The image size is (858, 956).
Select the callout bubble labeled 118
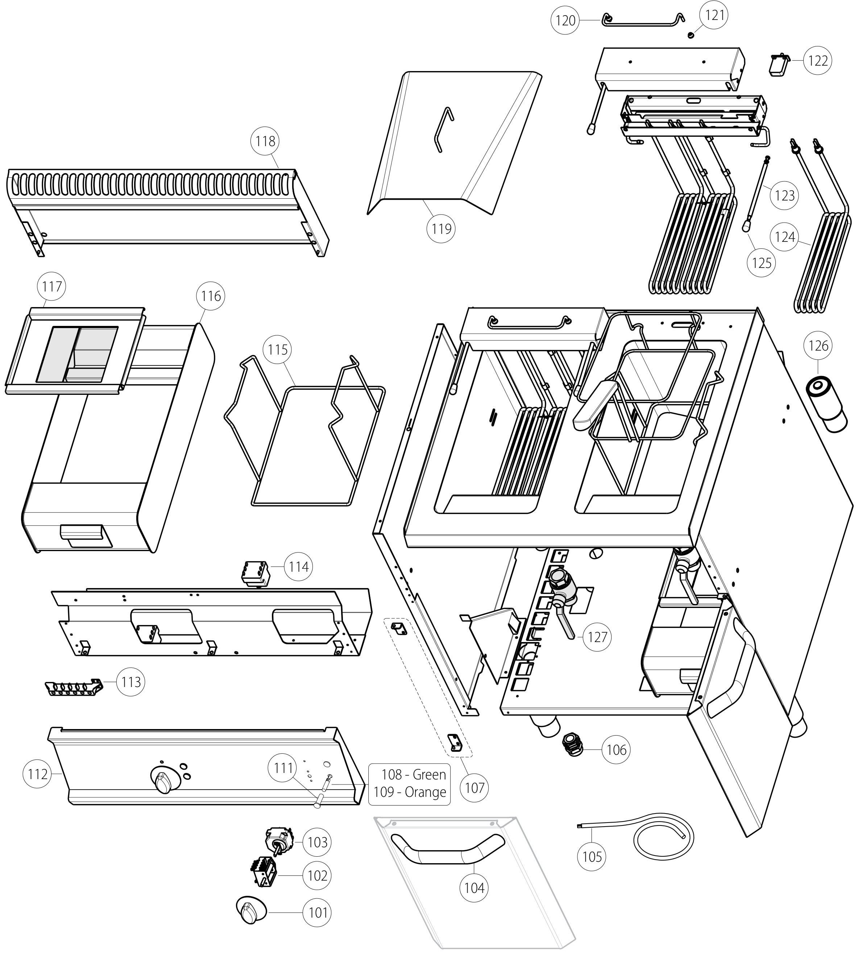265,141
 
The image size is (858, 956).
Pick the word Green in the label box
429,774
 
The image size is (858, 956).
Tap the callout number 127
597,637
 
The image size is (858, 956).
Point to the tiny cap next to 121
691,36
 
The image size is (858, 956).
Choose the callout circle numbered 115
278,350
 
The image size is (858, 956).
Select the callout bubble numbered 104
474,888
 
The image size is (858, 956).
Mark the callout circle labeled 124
785,237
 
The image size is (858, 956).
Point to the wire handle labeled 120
643,22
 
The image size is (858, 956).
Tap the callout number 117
52,286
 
